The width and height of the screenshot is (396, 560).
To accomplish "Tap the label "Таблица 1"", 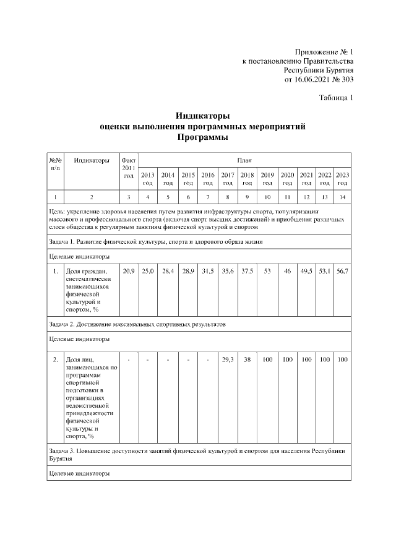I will click(336, 98).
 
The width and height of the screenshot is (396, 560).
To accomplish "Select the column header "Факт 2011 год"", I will click(129, 168).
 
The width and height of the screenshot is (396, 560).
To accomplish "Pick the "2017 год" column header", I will click(228, 179).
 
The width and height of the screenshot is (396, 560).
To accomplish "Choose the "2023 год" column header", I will click(343, 179).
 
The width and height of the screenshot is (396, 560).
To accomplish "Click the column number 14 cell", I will click(343, 197).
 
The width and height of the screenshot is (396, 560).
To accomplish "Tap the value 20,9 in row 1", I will click(129, 271).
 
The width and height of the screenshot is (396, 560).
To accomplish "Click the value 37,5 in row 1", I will click(247, 271).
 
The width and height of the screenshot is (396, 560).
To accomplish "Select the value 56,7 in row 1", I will click(343, 271).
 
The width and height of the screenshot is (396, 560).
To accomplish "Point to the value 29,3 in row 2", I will click(228, 359).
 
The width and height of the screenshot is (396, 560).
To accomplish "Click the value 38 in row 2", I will click(247, 359).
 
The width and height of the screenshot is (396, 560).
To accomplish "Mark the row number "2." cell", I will click(55, 359).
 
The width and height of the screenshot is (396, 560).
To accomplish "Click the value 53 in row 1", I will click(267, 271).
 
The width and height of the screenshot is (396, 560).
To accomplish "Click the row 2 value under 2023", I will click(343, 359).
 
